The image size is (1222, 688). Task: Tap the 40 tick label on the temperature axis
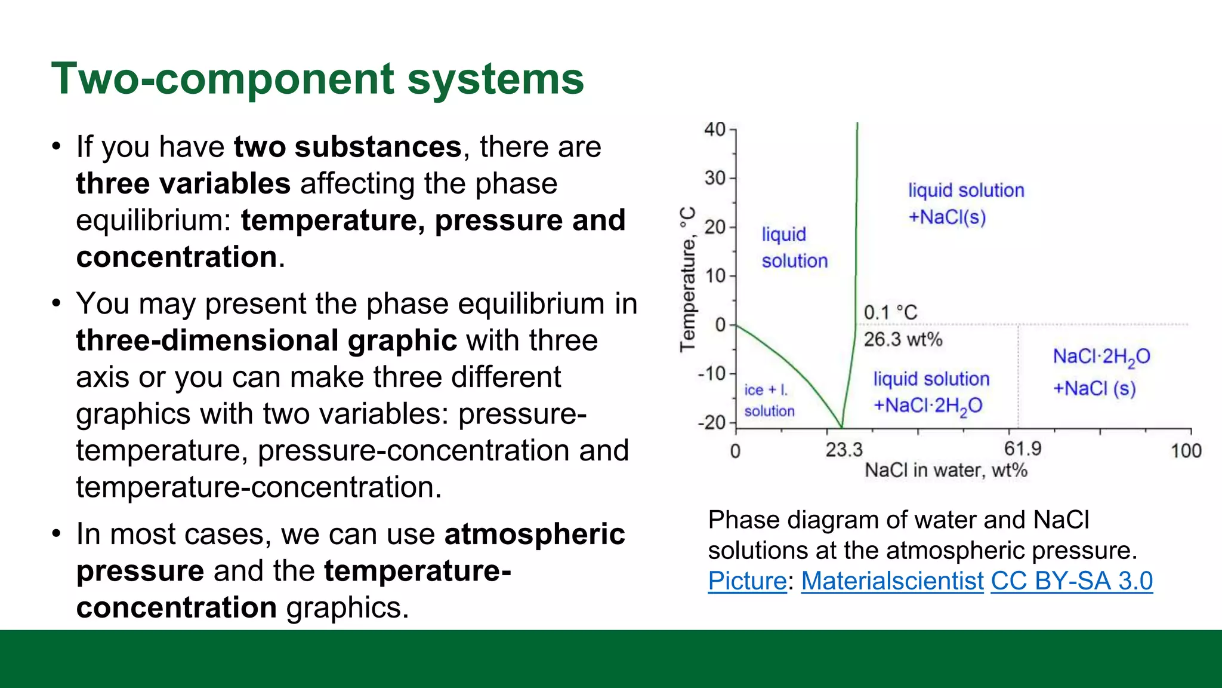715,130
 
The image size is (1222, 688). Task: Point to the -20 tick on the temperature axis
712,423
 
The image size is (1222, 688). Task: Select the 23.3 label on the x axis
844,450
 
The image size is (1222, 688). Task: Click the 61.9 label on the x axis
1022,449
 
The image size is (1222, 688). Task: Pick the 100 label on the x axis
1186,451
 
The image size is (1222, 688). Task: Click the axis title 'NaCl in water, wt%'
946,471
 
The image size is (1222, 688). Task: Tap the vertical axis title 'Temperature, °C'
688,279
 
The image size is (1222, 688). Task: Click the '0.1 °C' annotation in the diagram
890,312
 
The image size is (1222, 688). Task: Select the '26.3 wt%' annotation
903,339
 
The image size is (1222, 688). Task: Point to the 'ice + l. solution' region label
769,400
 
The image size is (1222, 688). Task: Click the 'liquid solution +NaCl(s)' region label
965,204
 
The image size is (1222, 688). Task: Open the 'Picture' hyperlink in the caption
747,581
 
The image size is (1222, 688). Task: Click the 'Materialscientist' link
892,581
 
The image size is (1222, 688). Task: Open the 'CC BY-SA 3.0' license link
1072,581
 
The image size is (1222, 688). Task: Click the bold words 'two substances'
347,147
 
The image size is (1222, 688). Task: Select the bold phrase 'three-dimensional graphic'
266,340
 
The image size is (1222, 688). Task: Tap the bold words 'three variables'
183,184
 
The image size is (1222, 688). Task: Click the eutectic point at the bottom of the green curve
841,426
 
